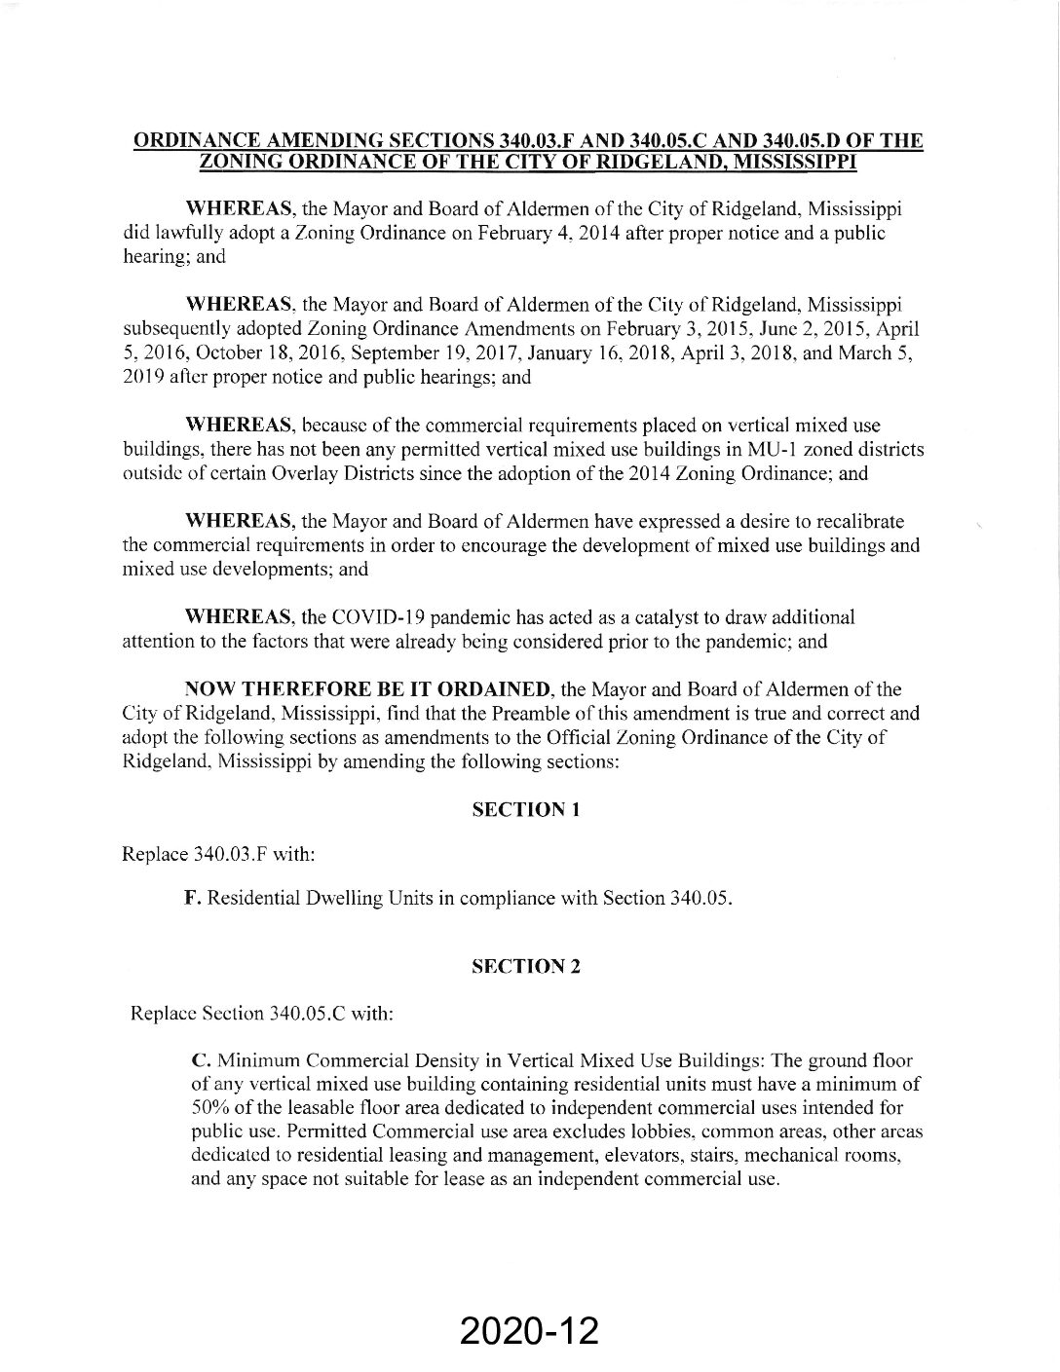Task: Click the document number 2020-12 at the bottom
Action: (x=529, y=1330)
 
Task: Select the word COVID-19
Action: (x=380, y=617)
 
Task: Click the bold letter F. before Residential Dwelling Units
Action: (x=193, y=898)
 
